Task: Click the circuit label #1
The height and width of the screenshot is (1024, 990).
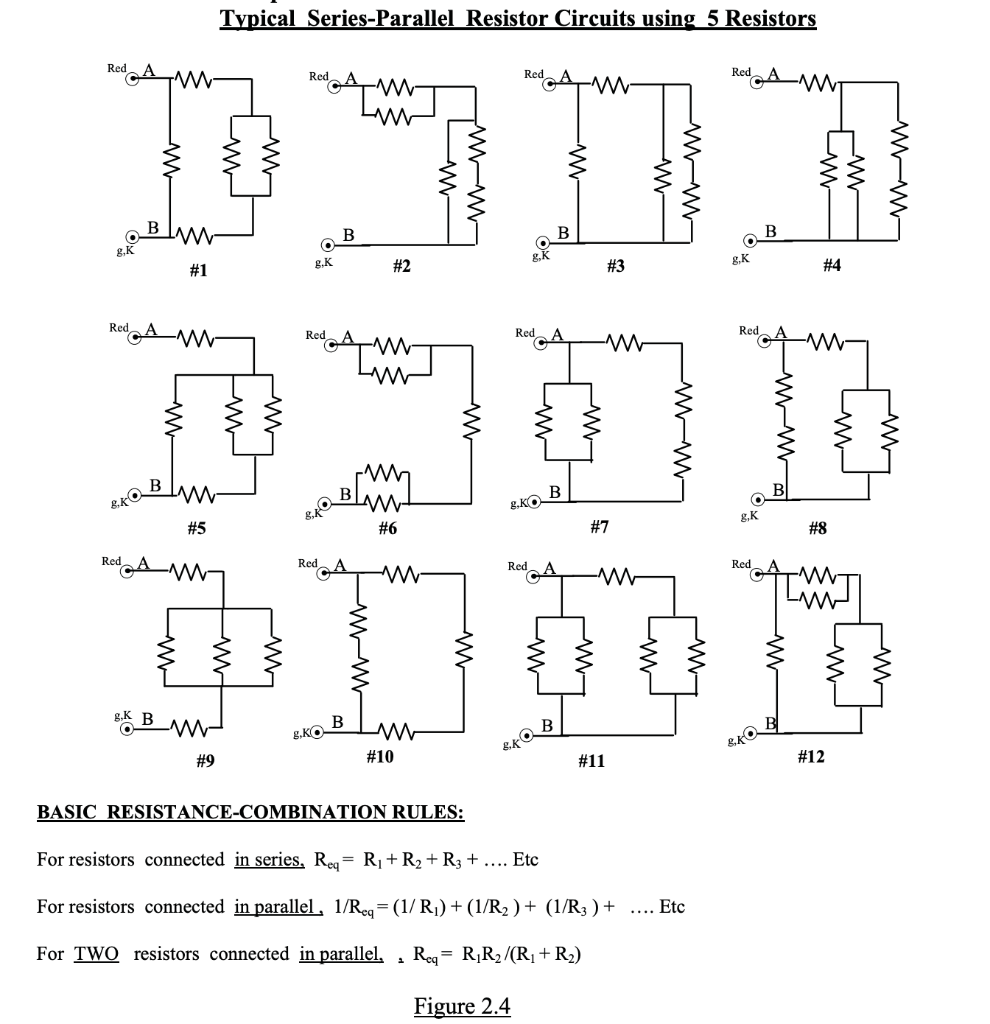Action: [x=198, y=271]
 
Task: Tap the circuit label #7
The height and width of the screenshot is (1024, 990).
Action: [x=600, y=527]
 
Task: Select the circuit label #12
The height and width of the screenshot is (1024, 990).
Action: [x=811, y=757]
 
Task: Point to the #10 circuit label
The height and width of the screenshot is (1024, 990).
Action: [x=380, y=757]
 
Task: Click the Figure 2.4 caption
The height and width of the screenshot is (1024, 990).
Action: [x=462, y=1006]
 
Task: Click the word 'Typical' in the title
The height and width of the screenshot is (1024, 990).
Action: [x=259, y=18]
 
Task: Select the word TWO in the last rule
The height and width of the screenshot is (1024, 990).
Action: [x=96, y=954]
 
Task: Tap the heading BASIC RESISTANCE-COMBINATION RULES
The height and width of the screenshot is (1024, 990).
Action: [x=250, y=812]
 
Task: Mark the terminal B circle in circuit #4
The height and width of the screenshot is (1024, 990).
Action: [x=750, y=241]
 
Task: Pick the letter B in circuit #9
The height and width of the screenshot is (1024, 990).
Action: [x=147, y=718]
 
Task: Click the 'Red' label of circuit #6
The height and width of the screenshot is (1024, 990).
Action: [x=315, y=335]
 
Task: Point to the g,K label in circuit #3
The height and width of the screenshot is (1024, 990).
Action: [x=540, y=256]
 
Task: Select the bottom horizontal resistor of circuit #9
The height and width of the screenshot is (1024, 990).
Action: [x=188, y=730]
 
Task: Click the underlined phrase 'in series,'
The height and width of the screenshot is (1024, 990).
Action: [x=269, y=860]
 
